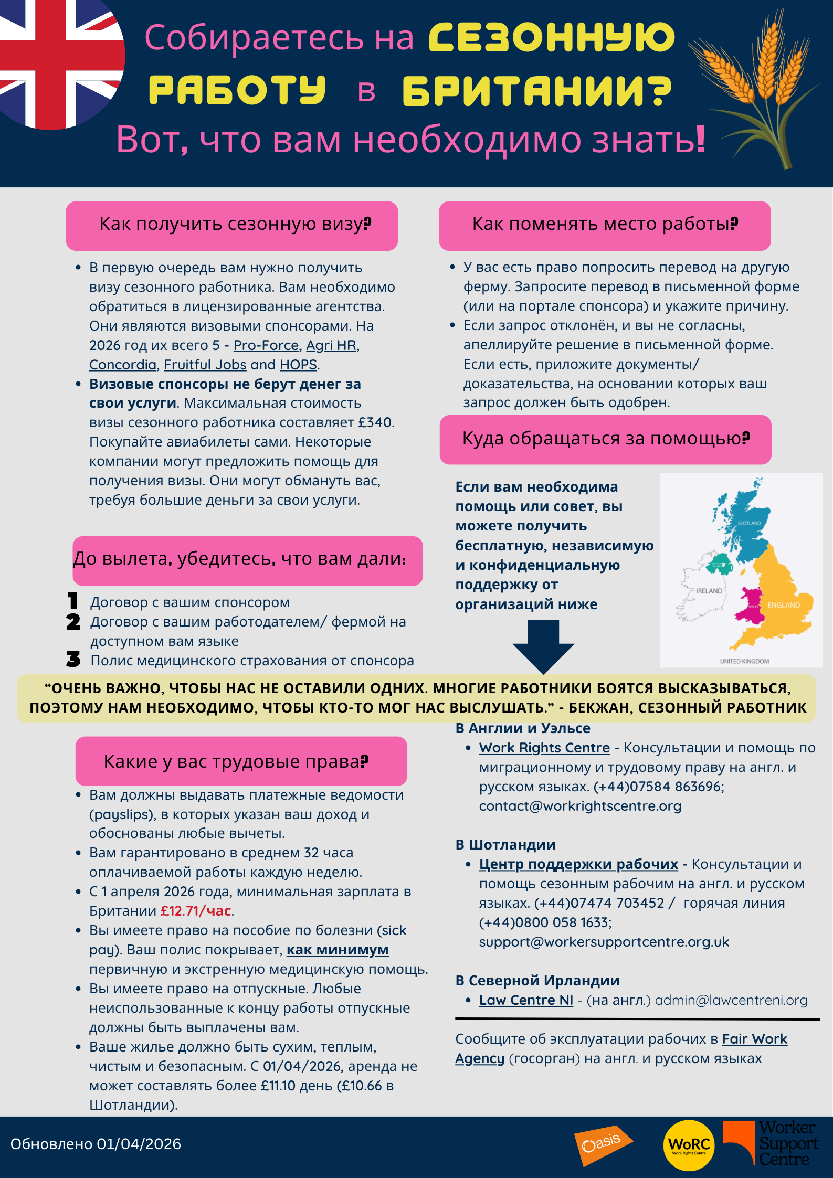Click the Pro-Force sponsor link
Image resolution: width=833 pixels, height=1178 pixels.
pos(266,345)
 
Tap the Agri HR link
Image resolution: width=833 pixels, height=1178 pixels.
pos(332,345)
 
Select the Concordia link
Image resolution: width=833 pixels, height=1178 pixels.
pos(123,365)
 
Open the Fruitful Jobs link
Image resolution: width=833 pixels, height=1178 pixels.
pos(205,365)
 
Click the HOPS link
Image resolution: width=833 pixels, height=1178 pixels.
pos(298,365)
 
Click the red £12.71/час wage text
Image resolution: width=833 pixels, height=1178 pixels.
pos(196,911)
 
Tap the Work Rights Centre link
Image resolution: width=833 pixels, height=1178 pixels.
pos(544,748)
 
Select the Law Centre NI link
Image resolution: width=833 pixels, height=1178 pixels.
pos(526,1000)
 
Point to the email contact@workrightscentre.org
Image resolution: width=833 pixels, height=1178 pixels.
pos(580,806)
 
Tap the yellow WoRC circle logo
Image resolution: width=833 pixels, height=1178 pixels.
pos(689,1145)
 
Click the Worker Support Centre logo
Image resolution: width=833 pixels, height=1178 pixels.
pos(771,1144)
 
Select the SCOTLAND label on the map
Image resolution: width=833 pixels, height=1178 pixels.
pos(749,523)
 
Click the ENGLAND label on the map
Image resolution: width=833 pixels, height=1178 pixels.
pos(784,605)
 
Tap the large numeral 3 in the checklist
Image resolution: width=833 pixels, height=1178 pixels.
pos(73,659)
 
